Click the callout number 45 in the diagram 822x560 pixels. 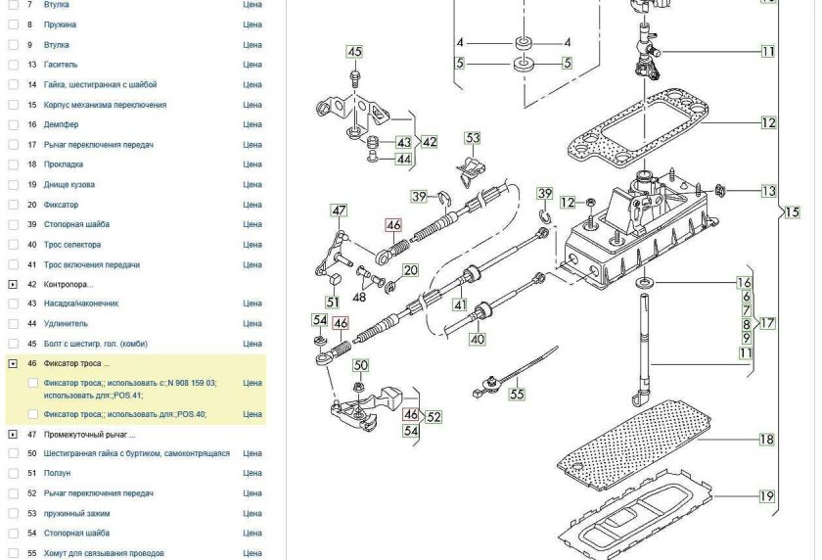tap(354, 52)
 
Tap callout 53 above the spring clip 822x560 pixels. tap(473, 138)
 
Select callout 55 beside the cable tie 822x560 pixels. tap(517, 395)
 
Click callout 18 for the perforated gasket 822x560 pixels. tap(766, 441)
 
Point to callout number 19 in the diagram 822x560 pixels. tap(766, 496)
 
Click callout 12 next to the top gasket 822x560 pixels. tap(768, 123)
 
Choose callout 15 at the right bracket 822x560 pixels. tap(792, 211)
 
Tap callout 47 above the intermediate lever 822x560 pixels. tap(340, 210)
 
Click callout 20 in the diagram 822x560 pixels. tap(410, 270)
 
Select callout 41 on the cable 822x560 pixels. tap(459, 304)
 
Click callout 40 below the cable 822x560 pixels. tap(477, 340)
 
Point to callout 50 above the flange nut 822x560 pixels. tap(360, 365)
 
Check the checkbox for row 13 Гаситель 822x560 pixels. tap(13, 65)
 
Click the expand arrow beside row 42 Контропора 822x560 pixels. tap(13, 284)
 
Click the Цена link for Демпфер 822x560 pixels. tap(252, 125)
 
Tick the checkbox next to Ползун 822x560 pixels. tap(13, 474)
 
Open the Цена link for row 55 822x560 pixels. tap(252, 553)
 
